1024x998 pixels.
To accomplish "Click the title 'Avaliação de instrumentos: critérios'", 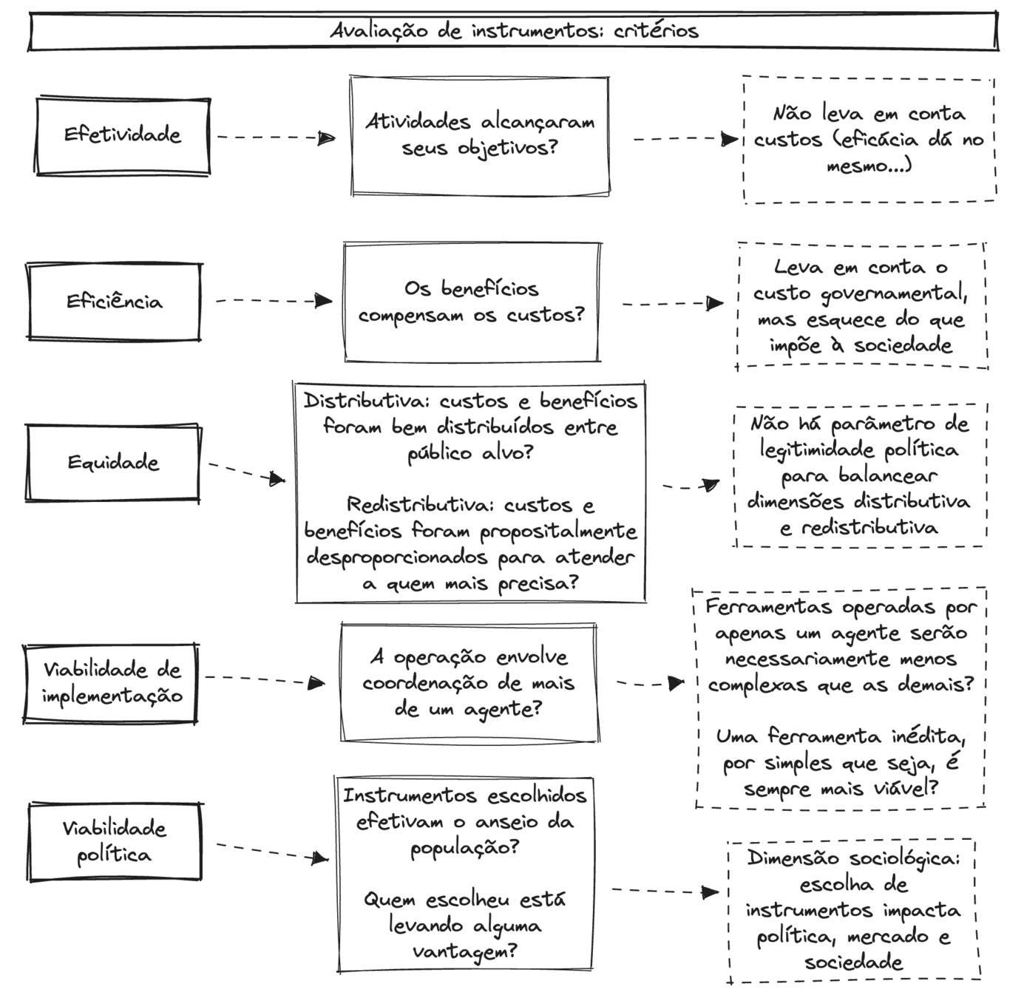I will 513,31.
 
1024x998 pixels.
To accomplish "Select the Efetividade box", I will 123,135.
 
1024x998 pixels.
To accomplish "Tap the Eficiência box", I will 114,302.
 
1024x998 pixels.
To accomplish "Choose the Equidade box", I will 112,463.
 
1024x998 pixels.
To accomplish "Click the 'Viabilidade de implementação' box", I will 111,682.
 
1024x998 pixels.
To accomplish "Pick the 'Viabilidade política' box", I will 115,841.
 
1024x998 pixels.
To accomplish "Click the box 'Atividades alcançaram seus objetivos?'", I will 479,135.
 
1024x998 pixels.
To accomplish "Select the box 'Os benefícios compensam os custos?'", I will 472,302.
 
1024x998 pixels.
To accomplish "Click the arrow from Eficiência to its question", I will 274,301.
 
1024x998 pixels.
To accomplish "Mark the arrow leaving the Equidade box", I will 246,473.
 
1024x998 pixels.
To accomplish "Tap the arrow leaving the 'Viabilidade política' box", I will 272,852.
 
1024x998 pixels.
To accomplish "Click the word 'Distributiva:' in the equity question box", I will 367,401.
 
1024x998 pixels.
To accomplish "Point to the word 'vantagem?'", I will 464,952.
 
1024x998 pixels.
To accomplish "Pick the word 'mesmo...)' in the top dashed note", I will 869,166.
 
